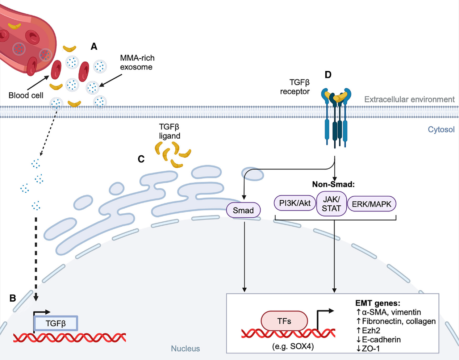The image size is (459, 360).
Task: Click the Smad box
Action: pyautogui.click(x=243, y=210)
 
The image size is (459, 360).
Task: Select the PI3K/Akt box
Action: pyautogui.click(x=295, y=203)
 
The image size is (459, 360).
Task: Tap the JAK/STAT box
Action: pyautogui.click(x=331, y=204)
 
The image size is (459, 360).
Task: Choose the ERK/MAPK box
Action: pyautogui.click(x=371, y=204)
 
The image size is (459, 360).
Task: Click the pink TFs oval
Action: pyautogui.click(x=284, y=321)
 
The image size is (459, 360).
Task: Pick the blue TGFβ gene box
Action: pyautogui.click(x=56, y=323)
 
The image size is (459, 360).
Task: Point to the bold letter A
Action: pyautogui.click(x=94, y=46)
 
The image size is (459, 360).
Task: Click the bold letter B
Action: pyautogui.click(x=13, y=298)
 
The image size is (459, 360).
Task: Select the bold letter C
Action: pyautogui.click(x=141, y=159)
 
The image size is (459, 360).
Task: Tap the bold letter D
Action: pyautogui.click(x=328, y=75)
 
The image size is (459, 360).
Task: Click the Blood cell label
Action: pyautogui.click(x=26, y=96)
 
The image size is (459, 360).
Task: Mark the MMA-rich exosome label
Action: pyautogui.click(x=137, y=62)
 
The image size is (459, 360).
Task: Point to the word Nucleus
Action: pyautogui.click(x=185, y=349)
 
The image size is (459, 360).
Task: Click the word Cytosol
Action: pyautogui.click(x=441, y=130)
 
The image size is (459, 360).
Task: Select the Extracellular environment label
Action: pyautogui.click(x=409, y=99)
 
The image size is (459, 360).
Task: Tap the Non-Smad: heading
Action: pyautogui.click(x=333, y=184)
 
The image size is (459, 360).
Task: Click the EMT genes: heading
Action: pyautogui.click(x=377, y=303)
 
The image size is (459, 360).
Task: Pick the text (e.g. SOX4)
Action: pyautogui.click(x=293, y=347)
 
